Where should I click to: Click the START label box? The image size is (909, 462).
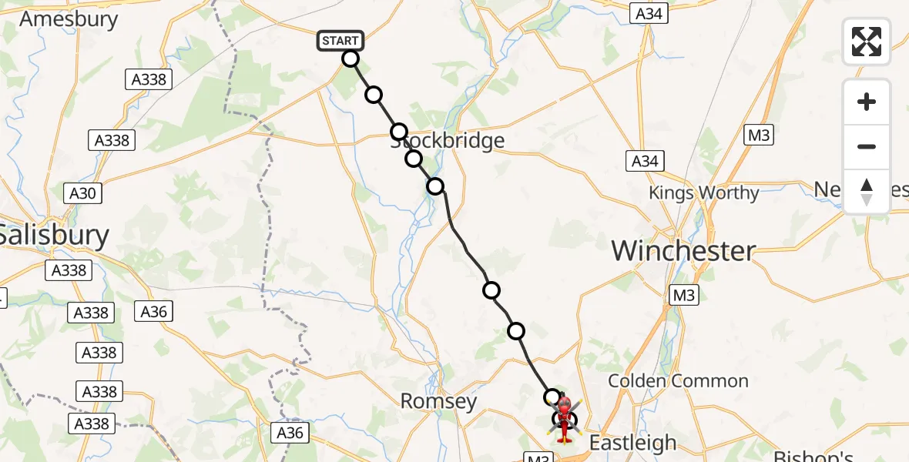[340, 41]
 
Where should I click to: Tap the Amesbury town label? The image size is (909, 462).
[69, 19]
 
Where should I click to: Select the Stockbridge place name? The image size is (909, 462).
[448, 141]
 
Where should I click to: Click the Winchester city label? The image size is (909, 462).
[683, 251]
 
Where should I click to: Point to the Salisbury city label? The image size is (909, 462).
[54, 235]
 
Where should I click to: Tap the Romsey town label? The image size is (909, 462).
[438, 402]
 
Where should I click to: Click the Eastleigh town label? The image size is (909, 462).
[632, 443]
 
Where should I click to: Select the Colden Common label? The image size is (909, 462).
[678, 381]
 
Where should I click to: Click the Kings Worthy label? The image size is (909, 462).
[703, 193]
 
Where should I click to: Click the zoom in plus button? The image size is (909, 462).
[867, 102]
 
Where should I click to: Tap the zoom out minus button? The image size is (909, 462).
[867, 146]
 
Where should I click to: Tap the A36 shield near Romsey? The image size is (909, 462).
[290, 434]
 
